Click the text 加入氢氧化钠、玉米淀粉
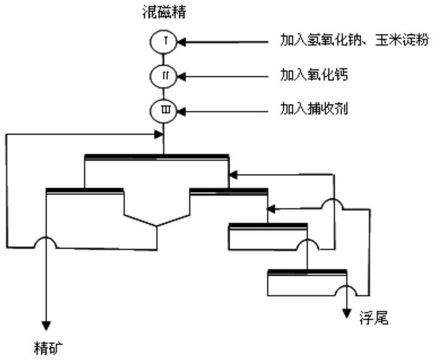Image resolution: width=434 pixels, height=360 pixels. pos(354,41)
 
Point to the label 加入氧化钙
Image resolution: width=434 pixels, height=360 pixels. pos(314,75)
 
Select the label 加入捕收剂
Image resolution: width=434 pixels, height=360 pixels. pos(314,110)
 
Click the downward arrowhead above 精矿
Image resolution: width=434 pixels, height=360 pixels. pos(46,325)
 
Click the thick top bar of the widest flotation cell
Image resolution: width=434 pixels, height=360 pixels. pos(157,157)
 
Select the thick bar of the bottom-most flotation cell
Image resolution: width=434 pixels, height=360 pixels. pos(307,271)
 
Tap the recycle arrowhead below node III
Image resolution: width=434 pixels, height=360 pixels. pos(159,134)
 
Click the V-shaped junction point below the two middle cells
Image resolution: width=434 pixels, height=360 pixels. pos(157,226)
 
